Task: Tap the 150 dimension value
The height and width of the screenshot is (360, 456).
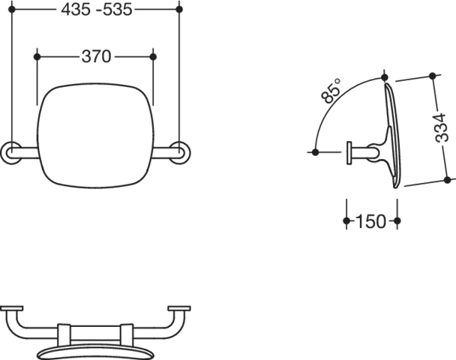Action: [372, 223]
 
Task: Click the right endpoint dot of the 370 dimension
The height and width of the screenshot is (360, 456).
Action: [152, 56]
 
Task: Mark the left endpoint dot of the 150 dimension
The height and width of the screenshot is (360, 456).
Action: [344, 222]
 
